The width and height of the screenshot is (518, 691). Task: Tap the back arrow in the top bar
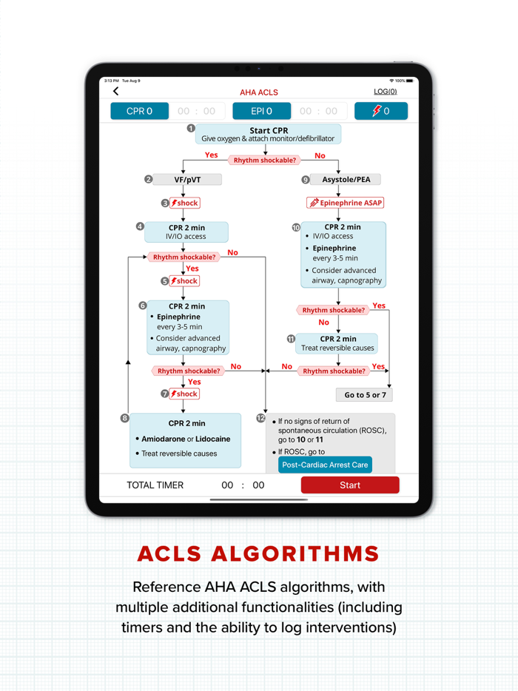click(116, 92)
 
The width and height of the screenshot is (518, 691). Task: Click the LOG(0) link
click(385, 92)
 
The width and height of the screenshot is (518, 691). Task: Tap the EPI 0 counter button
click(261, 111)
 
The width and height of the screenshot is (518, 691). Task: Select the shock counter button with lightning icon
click(380, 111)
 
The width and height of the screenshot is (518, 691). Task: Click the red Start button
click(349, 485)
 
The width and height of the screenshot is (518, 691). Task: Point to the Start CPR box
click(269, 134)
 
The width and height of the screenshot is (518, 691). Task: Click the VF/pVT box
click(187, 179)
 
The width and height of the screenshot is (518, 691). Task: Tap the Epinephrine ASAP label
click(346, 202)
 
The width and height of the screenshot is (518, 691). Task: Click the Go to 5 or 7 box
click(365, 394)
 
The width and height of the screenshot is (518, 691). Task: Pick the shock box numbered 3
click(184, 203)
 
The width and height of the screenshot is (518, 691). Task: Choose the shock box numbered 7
click(184, 394)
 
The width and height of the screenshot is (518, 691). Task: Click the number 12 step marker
click(260, 419)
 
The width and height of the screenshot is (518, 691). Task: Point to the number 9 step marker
click(306, 179)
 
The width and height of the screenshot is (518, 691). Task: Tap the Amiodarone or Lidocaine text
click(186, 439)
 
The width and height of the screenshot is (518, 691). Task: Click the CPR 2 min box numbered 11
click(338, 343)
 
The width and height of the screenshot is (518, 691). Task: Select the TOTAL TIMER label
click(155, 485)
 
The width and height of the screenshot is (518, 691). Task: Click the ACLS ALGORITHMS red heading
click(258, 553)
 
